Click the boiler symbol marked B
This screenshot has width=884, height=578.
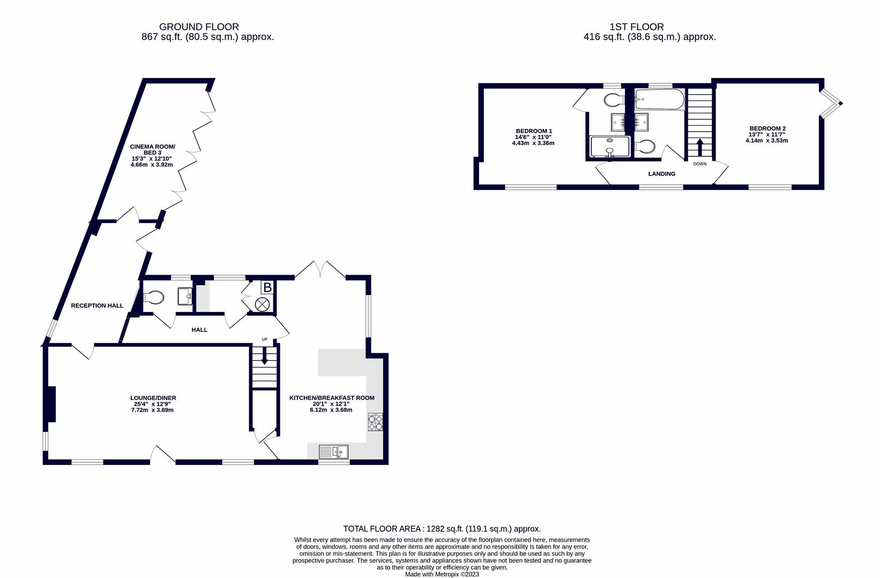click(267, 287)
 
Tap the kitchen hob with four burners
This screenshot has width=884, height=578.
click(375, 422)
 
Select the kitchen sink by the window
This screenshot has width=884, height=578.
click(333, 452)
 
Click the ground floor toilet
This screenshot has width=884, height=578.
click(154, 297)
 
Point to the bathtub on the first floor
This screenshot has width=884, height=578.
click(659, 99)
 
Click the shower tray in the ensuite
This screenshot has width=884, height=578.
click(610, 147)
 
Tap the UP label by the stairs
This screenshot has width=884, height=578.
click(264, 339)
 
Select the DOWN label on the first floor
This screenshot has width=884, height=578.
click(700, 164)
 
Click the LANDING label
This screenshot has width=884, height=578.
click(662, 174)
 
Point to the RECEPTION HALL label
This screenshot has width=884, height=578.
click(97, 306)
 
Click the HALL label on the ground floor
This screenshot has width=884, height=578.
click(199, 330)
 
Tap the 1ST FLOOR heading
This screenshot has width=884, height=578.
click(637, 27)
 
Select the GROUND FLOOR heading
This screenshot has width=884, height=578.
click(199, 27)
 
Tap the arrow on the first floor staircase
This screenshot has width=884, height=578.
click(700, 147)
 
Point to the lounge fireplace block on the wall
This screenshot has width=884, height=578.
click(51, 405)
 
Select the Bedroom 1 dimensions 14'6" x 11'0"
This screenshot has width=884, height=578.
click(533, 137)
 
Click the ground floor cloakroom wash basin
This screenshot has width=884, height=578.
click(185, 296)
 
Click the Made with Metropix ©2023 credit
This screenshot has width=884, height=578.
click(442, 574)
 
